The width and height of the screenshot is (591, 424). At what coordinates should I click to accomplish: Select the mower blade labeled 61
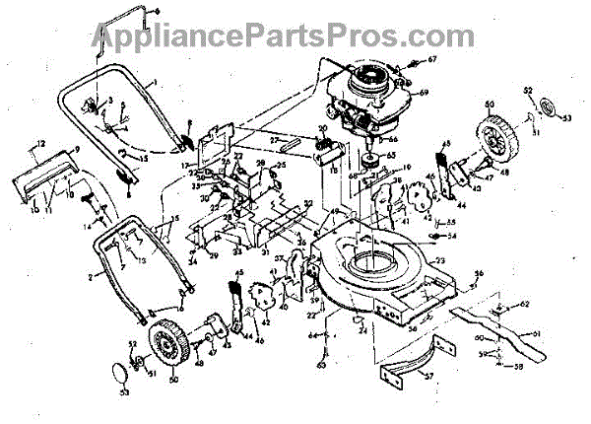tap(492, 330)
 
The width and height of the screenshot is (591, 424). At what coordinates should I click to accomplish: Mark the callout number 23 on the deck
tap(440, 261)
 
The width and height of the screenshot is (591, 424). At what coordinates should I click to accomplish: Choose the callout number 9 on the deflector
tap(75, 150)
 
